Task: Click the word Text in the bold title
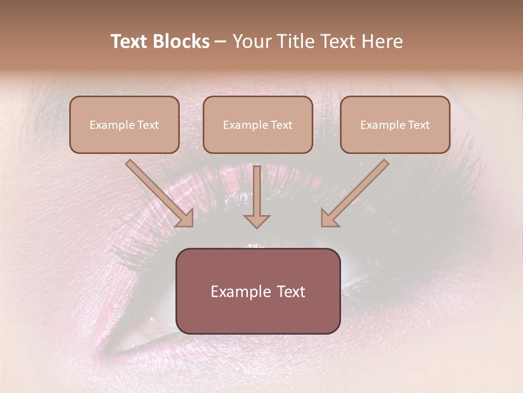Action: tap(129, 41)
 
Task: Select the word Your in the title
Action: tap(251, 41)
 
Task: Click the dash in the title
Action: tap(221, 42)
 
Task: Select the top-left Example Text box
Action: tap(124, 124)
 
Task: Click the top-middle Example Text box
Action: tap(258, 124)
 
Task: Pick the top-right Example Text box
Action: tap(395, 124)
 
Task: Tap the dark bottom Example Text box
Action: tap(258, 291)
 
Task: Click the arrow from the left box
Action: tap(158, 192)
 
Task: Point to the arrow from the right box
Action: tap(356, 192)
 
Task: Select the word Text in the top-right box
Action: tap(418, 125)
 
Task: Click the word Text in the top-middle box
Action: tap(281, 125)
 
